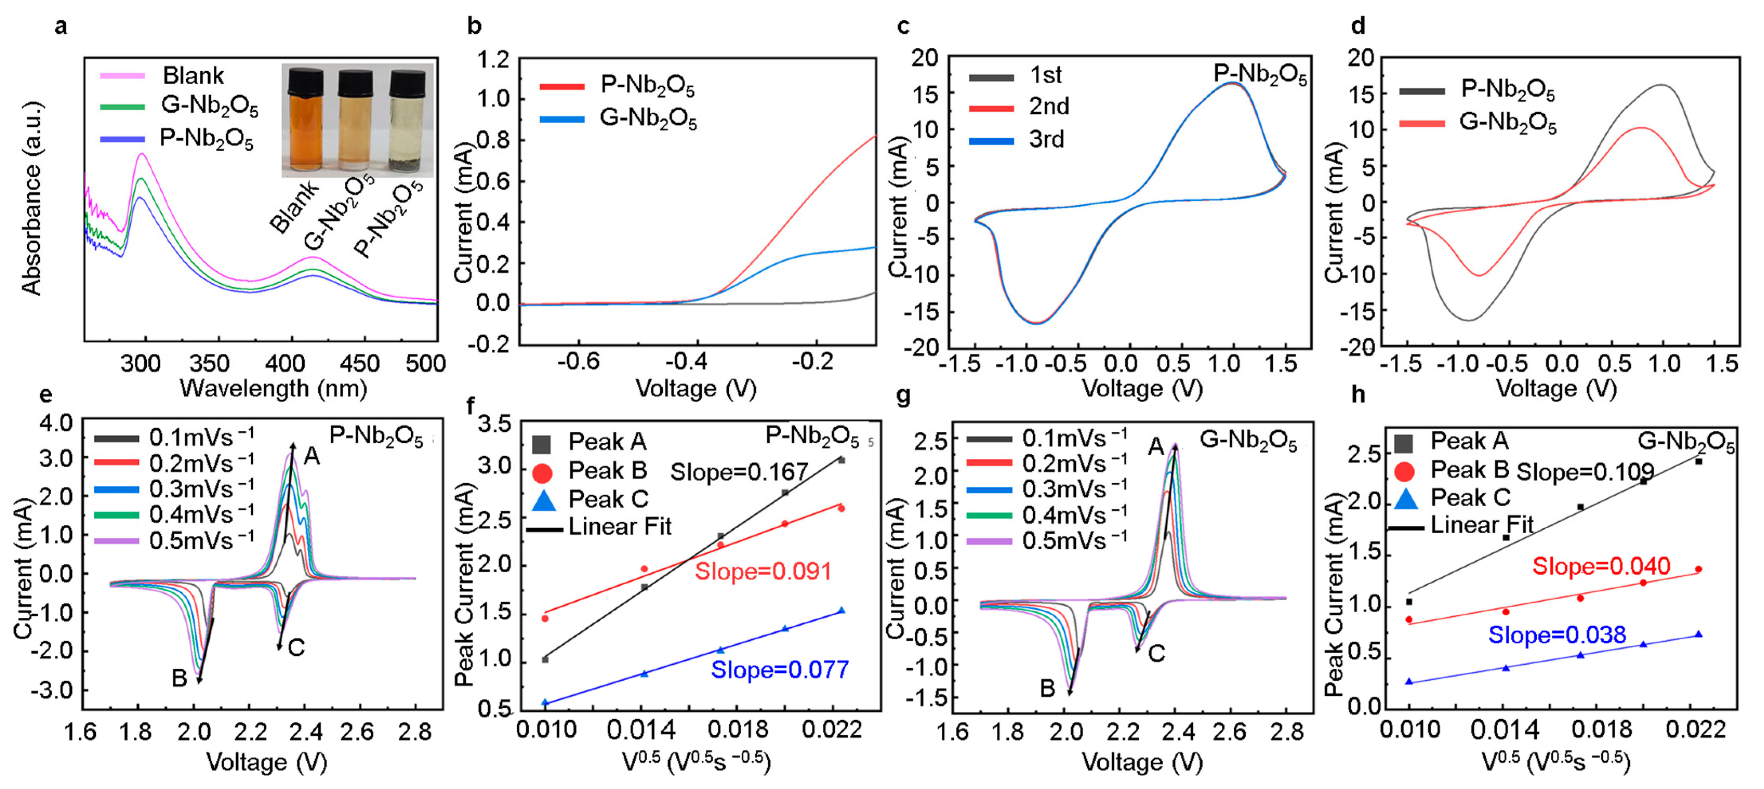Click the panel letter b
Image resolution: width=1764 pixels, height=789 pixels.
[x=474, y=26]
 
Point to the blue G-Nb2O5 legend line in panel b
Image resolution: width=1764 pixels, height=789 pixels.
[x=561, y=119]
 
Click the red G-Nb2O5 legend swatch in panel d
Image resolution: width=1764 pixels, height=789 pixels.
[x=1421, y=123]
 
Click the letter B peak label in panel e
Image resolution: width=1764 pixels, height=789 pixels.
[x=179, y=678]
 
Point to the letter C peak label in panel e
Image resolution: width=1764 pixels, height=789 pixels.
[x=296, y=647]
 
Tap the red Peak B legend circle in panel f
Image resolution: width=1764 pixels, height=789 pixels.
[x=541, y=472]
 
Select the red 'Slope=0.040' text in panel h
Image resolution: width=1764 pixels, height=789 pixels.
[x=1601, y=567]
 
